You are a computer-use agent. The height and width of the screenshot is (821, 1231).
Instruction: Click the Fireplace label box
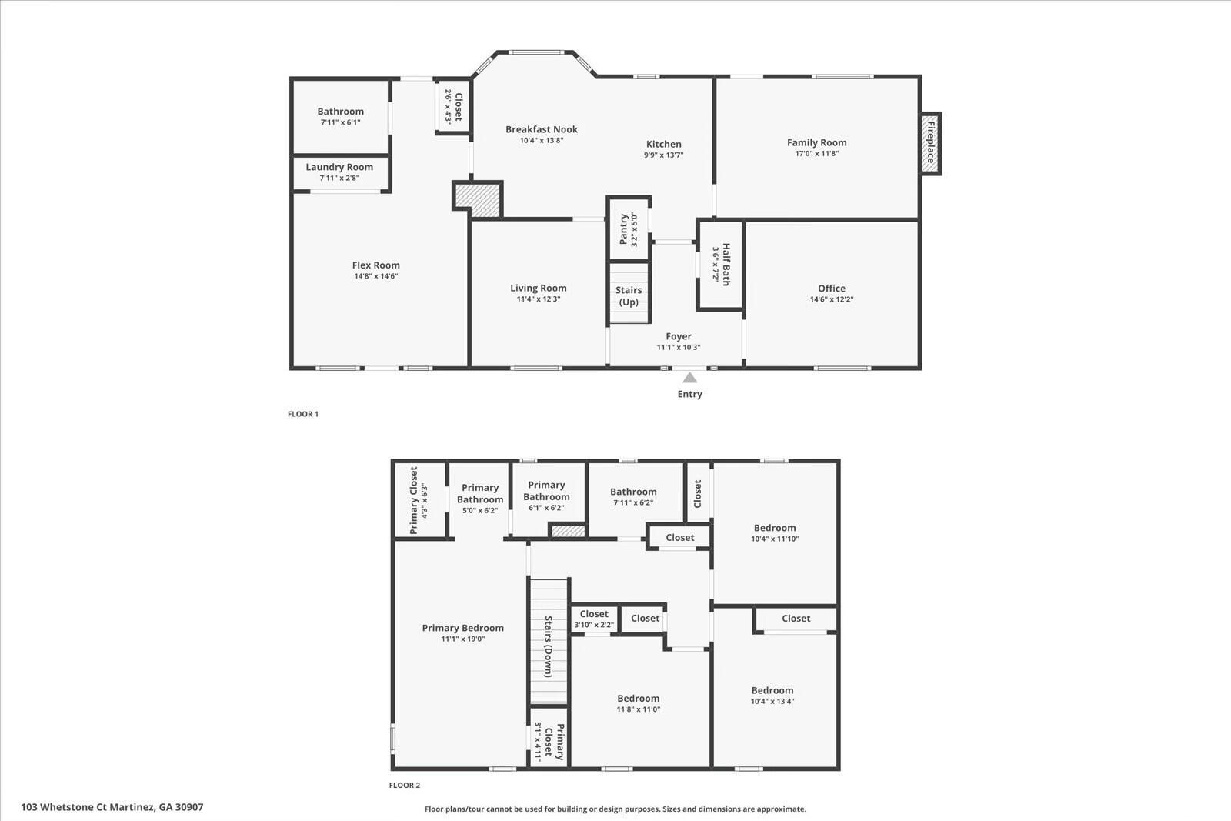930,143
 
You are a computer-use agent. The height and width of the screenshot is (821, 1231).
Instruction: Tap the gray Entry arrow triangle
689,378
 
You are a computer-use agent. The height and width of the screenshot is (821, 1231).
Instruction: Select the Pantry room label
624,229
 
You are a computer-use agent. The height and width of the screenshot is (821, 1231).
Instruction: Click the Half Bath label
726,265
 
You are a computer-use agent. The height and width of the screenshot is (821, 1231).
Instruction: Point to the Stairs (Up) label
629,295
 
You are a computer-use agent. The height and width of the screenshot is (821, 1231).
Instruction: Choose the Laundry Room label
339,167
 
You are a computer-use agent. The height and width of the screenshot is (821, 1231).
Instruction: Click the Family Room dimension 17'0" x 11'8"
816,153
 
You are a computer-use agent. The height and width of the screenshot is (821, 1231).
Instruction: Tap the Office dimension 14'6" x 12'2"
832,299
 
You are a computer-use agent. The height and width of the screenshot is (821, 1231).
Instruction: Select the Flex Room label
376,265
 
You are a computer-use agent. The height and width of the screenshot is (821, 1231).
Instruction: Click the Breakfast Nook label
542,129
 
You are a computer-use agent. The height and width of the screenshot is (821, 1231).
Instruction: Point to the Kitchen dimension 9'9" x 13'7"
663,155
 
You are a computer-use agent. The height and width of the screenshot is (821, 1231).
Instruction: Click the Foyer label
678,336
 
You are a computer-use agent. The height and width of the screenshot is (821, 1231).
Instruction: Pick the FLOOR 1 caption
303,414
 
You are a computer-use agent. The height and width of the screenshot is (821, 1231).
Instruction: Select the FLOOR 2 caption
405,786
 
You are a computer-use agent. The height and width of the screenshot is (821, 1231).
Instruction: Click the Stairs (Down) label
549,646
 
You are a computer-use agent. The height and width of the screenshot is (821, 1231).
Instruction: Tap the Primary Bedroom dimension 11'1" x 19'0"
462,639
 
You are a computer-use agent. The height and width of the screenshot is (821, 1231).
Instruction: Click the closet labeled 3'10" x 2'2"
593,619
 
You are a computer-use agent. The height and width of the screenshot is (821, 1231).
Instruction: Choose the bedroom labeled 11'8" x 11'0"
638,703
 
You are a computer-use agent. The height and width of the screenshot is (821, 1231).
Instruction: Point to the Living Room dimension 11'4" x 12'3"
538,299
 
